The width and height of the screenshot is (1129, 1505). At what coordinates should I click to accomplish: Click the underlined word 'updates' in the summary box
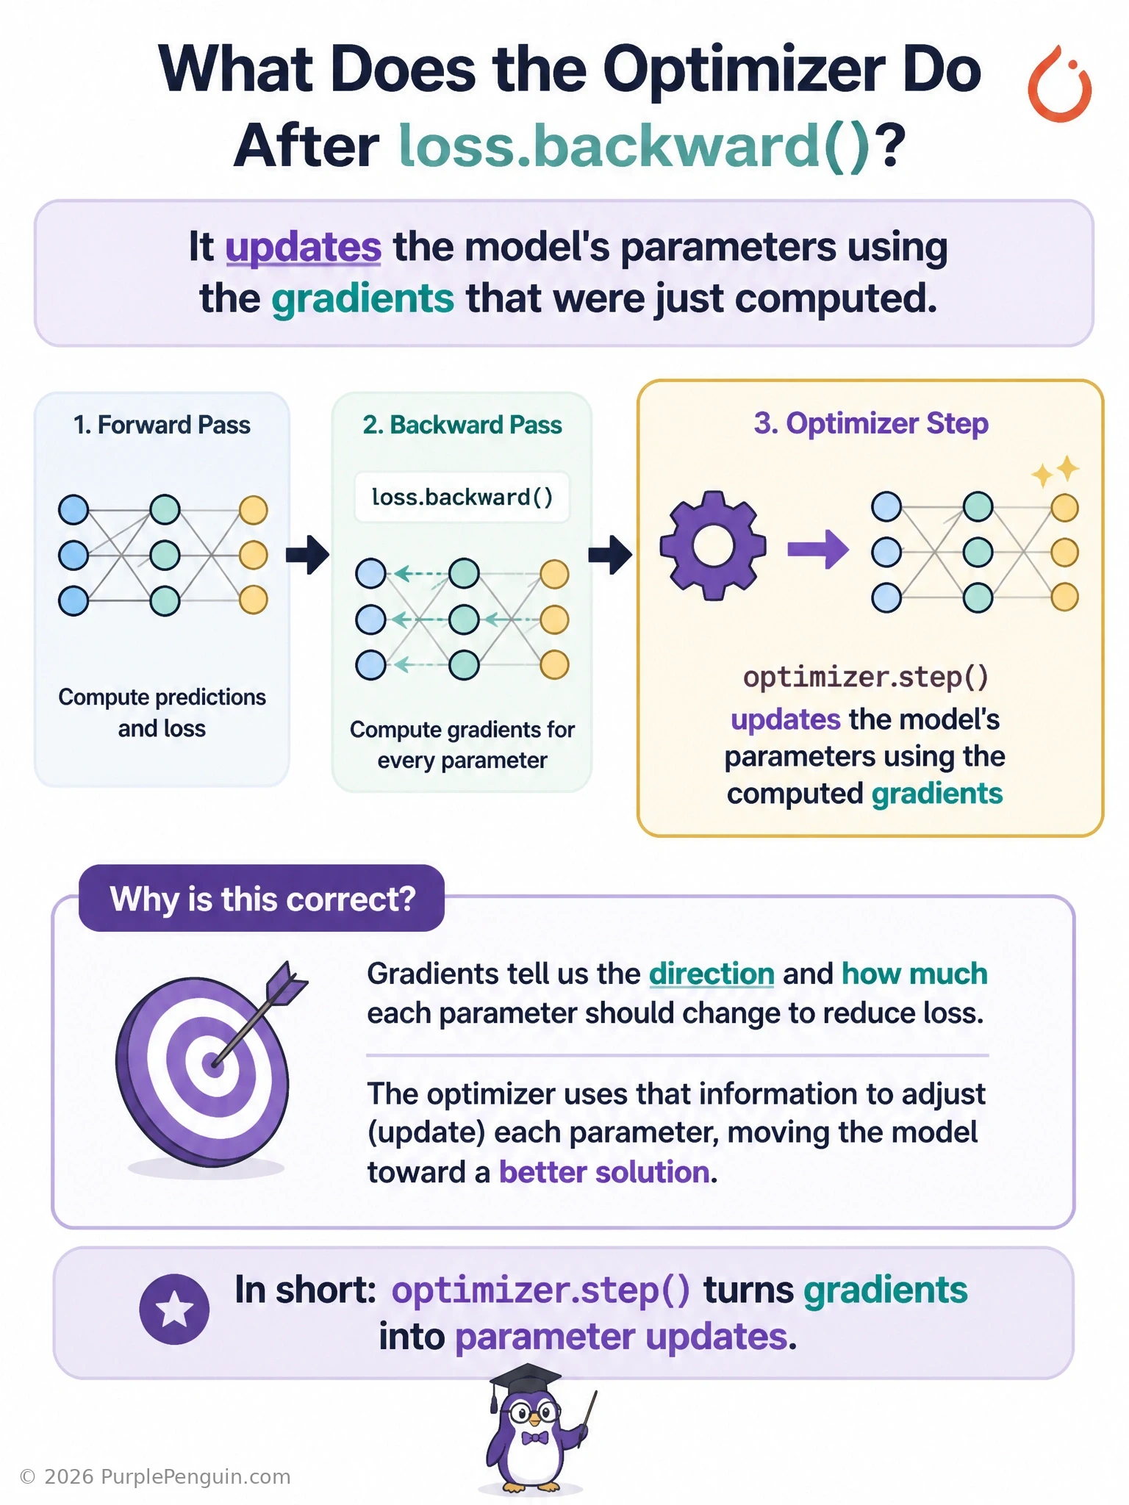pyautogui.click(x=303, y=247)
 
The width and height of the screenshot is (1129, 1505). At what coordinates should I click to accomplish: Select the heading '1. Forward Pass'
pyautogui.click(x=162, y=425)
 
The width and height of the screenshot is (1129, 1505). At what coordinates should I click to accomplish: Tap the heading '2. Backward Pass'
pyautogui.click(x=462, y=425)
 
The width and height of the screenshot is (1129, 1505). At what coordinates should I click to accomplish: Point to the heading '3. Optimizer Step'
pyautogui.click(x=871, y=423)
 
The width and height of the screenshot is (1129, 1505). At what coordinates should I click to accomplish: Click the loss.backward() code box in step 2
pyautogui.click(x=462, y=498)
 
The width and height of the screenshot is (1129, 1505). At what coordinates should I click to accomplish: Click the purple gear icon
pyautogui.click(x=713, y=546)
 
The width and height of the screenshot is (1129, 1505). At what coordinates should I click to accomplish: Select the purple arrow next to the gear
pyautogui.click(x=818, y=548)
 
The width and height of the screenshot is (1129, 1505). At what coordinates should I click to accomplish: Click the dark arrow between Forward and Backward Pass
pyautogui.click(x=307, y=554)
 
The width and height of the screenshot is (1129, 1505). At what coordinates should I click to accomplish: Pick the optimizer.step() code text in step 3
pyautogui.click(x=866, y=677)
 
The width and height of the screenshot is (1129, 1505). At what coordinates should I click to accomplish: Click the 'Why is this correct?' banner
pyautogui.click(x=262, y=898)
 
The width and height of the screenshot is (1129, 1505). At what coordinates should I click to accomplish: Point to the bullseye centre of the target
pyautogui.click(x=213, y=1064)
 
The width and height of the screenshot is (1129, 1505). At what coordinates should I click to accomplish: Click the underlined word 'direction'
pyautogui.click(x=712, y=974)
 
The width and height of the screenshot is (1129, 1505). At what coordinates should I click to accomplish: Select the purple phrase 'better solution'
pyautogui.click(x=605, y=1172)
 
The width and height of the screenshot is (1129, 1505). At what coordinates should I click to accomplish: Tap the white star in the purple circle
pyautogui.click(x=174, y=1310)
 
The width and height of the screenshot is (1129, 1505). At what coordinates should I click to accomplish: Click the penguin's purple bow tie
pyautogui.click(x=534, y=1438)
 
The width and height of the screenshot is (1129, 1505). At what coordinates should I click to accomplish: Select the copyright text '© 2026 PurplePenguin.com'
pyautogui.click(x=155, y=1477)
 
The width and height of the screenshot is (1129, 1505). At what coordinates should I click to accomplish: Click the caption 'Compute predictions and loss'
pyautogui.click(x=162, y=713)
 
